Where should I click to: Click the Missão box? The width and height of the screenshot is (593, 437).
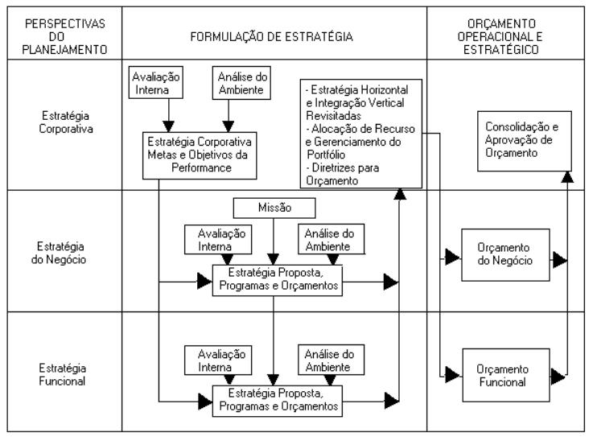pyautogui.click(x=274, y=208)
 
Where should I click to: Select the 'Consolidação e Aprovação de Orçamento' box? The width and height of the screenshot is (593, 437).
pyautogui.click(x=524, y=141)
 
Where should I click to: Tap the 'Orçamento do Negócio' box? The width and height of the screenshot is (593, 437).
pyautogui.click(x=505, y=254)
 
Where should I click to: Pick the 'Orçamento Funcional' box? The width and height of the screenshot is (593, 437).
pyautogui.click(x=505, y=375)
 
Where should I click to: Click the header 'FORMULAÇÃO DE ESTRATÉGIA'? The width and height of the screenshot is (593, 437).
pyautogui.click(x=271, y=37)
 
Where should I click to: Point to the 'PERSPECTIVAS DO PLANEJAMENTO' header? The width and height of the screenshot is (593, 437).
pyautogui.click(x=64, y=37)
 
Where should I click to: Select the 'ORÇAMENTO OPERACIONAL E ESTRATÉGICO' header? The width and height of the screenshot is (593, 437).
pyautogui.click(x=500, y=37)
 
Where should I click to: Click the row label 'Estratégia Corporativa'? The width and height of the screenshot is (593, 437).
pyautogui.click(x=66, y=122)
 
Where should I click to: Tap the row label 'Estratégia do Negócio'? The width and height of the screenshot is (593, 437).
pyautogui.click(x=59, y=253)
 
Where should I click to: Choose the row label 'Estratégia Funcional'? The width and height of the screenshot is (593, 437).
pyautogui.click(x=63, y=374)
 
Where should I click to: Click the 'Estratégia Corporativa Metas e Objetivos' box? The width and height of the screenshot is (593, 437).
pyautogui.click(x=200, y=155)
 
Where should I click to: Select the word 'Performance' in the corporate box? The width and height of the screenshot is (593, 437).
pyautogui.click(x=201, y=167)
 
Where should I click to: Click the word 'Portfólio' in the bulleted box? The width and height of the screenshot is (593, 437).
pyautogui.click(x=326, y=155)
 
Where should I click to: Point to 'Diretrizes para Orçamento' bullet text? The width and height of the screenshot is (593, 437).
pyautogui.click(x=343, y=174)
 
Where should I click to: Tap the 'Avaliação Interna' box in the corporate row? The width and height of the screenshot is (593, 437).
pyautogui.click(x=156, y=83)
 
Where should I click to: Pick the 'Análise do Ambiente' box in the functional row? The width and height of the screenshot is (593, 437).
pyautogui.click(x=331, y=360)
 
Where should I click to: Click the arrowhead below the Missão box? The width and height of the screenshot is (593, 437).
pyautogui.click(x=273, y=260)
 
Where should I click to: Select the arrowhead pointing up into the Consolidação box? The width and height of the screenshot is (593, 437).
pyautogui.click(x=567, y=177)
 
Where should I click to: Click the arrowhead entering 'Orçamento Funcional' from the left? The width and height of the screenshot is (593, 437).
pyautogui.click(x=452, y=375)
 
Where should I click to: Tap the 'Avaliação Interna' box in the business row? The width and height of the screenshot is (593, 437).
pyautogui.click(x=218, y=240)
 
